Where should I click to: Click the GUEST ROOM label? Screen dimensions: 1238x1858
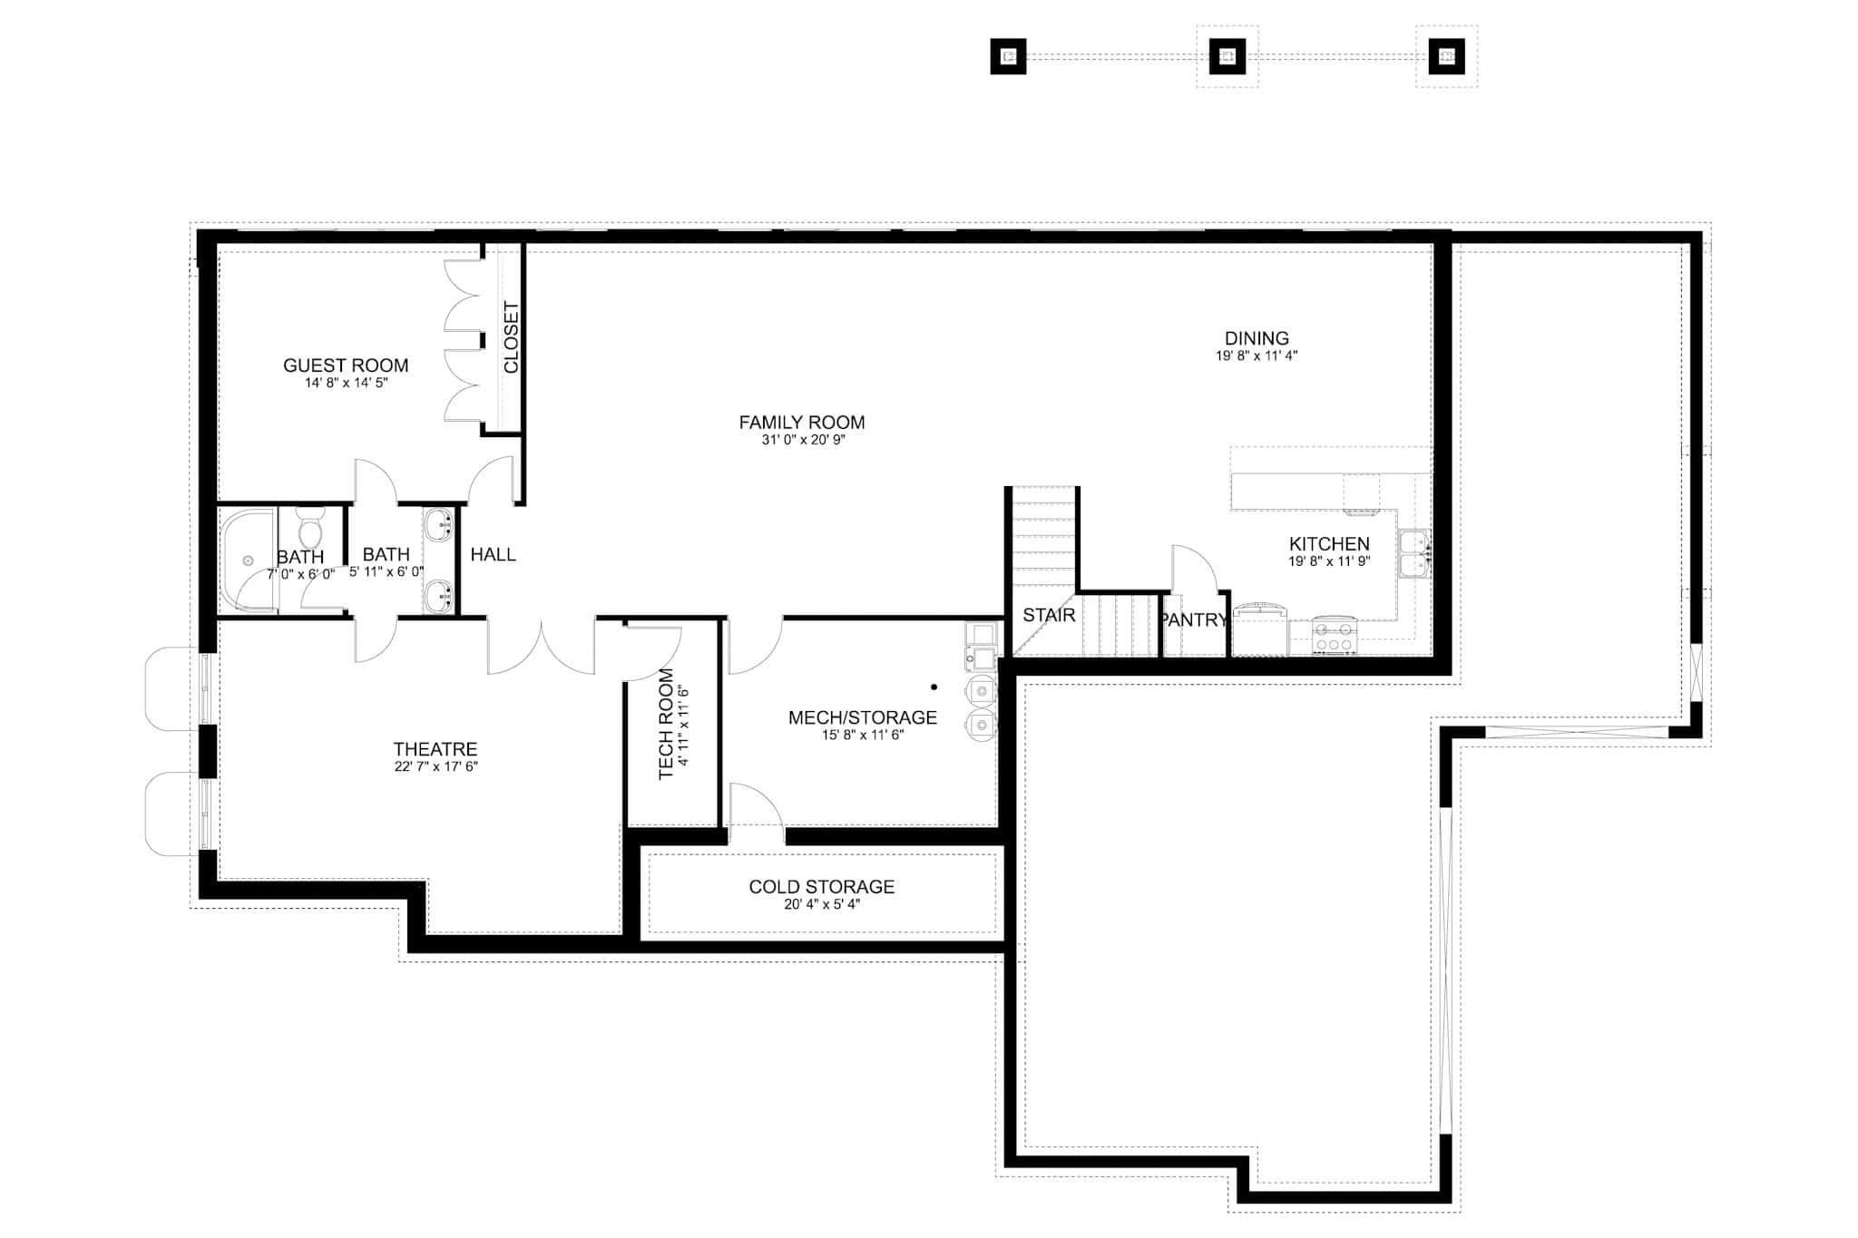coord(346,366)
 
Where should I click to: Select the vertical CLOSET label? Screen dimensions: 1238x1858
coord(511,337)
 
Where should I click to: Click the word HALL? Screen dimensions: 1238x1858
coord(493,554)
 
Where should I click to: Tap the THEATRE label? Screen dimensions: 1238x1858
coord(435,749)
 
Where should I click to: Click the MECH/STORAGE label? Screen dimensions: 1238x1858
coord(862,717)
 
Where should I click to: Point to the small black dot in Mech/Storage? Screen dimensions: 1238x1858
coord(934,687)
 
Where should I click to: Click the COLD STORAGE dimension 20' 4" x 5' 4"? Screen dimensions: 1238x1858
coord(822,904)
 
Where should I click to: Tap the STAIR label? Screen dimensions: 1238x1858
coord(1049,615)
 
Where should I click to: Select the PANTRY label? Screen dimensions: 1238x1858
coord(1193,620)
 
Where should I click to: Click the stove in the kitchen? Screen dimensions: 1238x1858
coord(1335,636)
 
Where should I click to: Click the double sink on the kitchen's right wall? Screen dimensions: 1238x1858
coord(1414,553)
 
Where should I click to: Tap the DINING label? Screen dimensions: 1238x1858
coord(1257,338)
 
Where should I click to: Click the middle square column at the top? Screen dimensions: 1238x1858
coord(1227,56)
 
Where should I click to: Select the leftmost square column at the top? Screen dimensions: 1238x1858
coord(1008,56)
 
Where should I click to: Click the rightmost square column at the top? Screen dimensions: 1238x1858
coord(1446,56)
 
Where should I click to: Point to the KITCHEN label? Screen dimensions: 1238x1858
coord(1329,544)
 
